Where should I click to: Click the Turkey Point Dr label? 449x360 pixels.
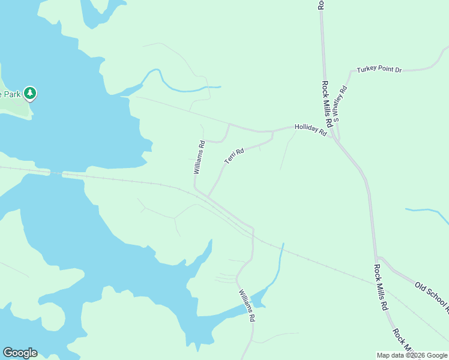379,70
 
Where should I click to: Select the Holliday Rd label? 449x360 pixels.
310,130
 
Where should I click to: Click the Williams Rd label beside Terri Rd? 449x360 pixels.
199,157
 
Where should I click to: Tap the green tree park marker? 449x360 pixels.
30,94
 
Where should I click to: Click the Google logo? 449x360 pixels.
20,353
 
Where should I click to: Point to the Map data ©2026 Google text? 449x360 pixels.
412,355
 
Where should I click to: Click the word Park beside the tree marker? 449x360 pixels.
11,94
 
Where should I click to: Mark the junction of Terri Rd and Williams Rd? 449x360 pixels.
208,196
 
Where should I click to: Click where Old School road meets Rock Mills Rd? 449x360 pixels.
376,257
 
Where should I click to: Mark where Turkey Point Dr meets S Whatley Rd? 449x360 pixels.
351,72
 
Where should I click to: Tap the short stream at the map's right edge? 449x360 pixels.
427,211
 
